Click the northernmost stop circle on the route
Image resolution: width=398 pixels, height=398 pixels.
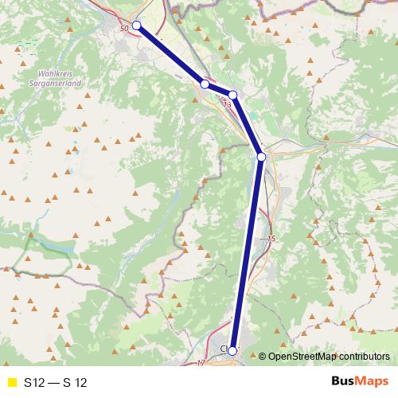coord(136,25)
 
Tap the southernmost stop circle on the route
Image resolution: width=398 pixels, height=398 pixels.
coord(232,350)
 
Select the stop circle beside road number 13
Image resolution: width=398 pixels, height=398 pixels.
coord(233,95)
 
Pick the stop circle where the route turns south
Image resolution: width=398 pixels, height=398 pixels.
coord(261,157)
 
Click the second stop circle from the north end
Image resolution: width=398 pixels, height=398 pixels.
coord(205,84)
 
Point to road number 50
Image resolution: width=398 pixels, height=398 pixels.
coord(123,29)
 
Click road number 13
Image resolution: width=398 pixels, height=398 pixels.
coord(228,104)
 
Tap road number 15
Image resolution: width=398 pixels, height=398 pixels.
coord(271,239)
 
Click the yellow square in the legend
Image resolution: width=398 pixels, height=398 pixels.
coord(10,382)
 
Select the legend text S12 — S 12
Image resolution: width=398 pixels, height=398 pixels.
coord(56,382)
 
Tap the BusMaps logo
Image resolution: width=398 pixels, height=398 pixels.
coord(354,381)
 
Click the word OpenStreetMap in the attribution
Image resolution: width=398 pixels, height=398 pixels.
coord(302,357)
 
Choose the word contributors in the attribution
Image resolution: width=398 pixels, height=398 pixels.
coord(364,357)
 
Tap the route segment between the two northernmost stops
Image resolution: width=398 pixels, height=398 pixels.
coord(170,54)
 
